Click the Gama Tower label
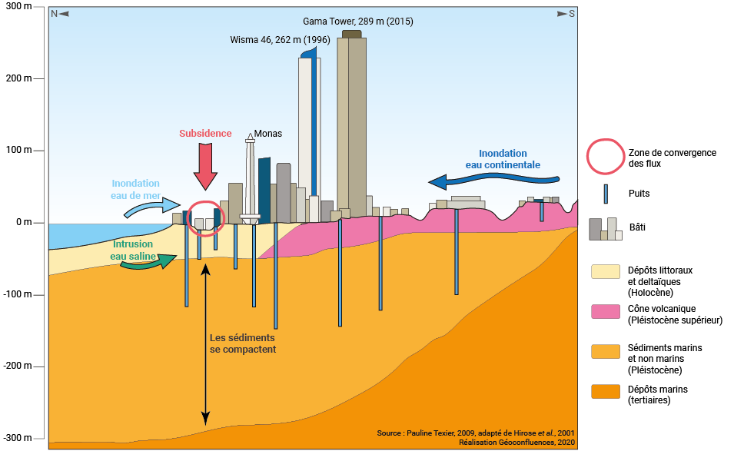coord(358,22)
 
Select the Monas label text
coord(267,134)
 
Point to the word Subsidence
coord(205,133)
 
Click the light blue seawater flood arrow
coord(154,207)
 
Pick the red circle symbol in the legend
coord(604,157)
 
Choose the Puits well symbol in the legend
coord(605,194)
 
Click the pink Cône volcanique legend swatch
coord(605,311)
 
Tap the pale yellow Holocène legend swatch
coord(605,271)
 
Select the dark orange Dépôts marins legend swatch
coord(605,392)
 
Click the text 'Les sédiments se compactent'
coord(242,343)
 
